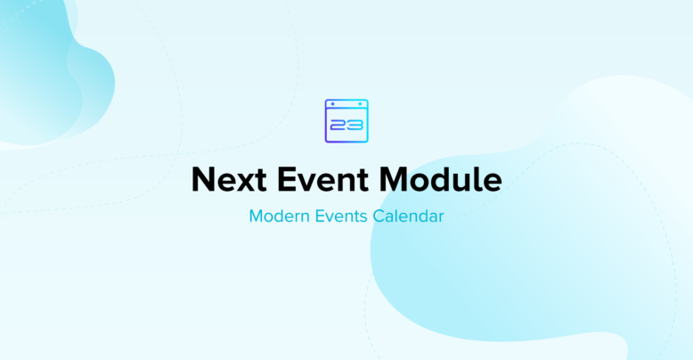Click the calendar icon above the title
pyautogui.click(x=346, y=120)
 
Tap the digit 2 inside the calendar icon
pyautogui.click(x=338, y=126)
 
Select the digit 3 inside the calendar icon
pyautogui.click(x=355, y=126)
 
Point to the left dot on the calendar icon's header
pyautogui.click(x=333, y=104)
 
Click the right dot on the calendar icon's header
pyautogui.click(x=360, y=104)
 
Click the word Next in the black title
pyautogui.click(x=229, y=179)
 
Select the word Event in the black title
pyautogui.click(x=322, y=179)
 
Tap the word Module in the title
pyautogui.click(x=441, y=179)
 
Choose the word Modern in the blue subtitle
pyautogui.click(x=280, y=216)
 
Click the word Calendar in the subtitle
pyautogui.click(x=408, y=216)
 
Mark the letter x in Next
pyautogui.click(x=247, y=182)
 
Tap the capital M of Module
pyautogui.click(x=395, y=179)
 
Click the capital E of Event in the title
pyautogui.click(x=287, y=179)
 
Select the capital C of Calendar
pyautogui.click(x=379, y=216)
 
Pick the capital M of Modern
pyautogui.click(x=257, y=216)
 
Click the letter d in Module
pyautogui.click(x=444, y=179)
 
